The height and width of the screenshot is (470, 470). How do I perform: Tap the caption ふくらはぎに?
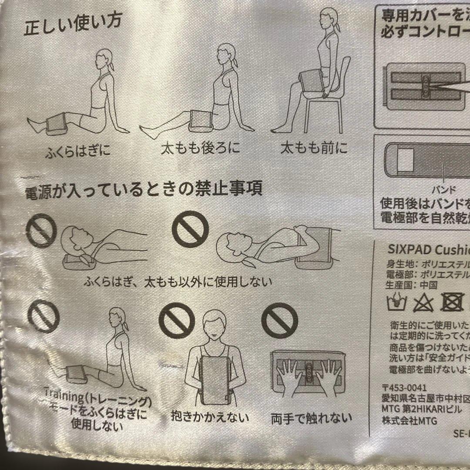(x=78, y=152)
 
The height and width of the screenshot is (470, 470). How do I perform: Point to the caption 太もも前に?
(x=314, y=149)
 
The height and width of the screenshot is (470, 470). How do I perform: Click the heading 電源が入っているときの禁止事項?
(x=144, y=190)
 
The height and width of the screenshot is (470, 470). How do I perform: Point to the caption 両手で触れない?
(x=311, y=418)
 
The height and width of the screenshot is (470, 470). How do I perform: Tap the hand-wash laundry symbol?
(x=396, y=302)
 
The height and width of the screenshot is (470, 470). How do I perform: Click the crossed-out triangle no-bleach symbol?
(x=423, y=302)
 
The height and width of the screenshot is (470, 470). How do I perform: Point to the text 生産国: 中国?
(x=406, y=285)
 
